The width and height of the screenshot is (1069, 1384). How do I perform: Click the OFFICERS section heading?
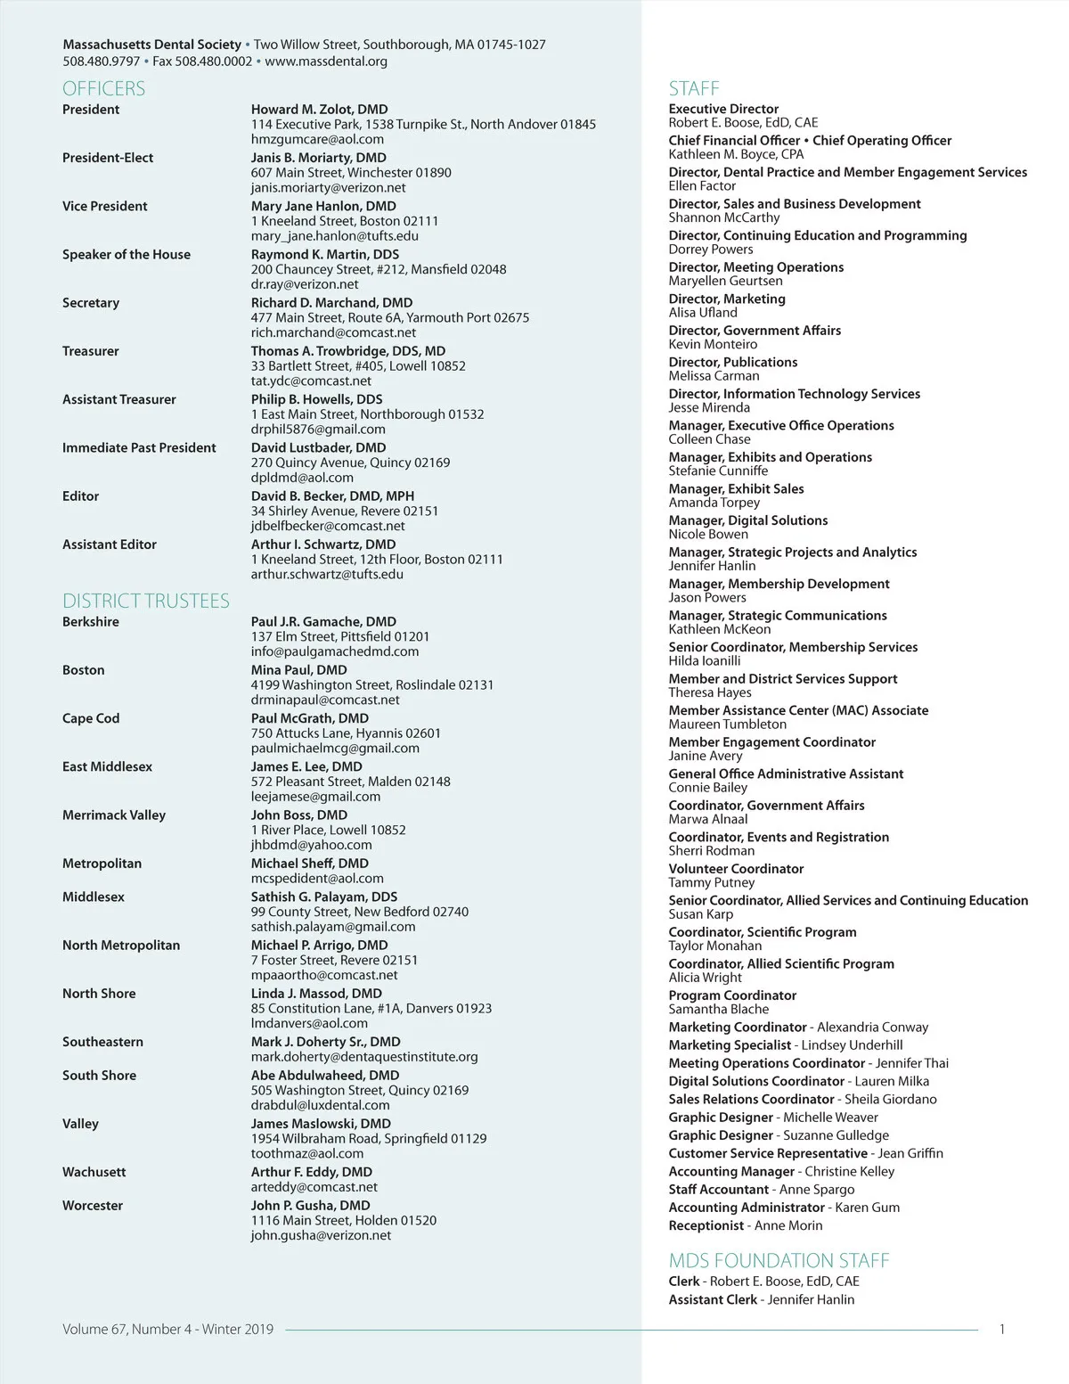click(103, 88)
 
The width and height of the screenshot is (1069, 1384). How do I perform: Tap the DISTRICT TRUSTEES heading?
click(146, 601)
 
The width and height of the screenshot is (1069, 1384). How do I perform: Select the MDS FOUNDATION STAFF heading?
click(779, 1260)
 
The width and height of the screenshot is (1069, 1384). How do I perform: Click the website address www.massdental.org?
click(326, 61)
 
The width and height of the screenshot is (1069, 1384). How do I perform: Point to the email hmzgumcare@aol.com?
click(317, 139)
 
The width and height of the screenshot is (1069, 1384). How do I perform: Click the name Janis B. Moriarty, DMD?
click(318, 158)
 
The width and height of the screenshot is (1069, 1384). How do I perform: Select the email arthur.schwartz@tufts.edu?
click(327, 574)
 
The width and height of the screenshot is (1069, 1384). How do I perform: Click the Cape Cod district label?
click(91, 718)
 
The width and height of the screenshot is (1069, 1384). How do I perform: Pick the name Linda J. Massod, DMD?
click(316, 994)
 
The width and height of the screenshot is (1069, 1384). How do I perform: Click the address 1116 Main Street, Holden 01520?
click(344, 1220)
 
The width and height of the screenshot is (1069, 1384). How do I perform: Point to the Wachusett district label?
click(94, 1172)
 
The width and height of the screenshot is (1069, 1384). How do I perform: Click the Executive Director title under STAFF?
click(723, 109)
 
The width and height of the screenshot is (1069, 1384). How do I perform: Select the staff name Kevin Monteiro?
click(713, 344)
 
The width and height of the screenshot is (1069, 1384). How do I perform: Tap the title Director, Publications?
click(733, 362)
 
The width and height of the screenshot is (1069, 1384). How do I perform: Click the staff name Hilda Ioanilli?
click(705, 660)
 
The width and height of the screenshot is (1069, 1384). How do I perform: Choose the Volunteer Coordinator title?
click(736, 869)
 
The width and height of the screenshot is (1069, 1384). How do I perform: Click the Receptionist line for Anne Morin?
click(746, 1225)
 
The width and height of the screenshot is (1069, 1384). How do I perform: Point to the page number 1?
click(1002, 1330)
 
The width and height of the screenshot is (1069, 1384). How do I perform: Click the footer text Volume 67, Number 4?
click(127, 1330)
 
